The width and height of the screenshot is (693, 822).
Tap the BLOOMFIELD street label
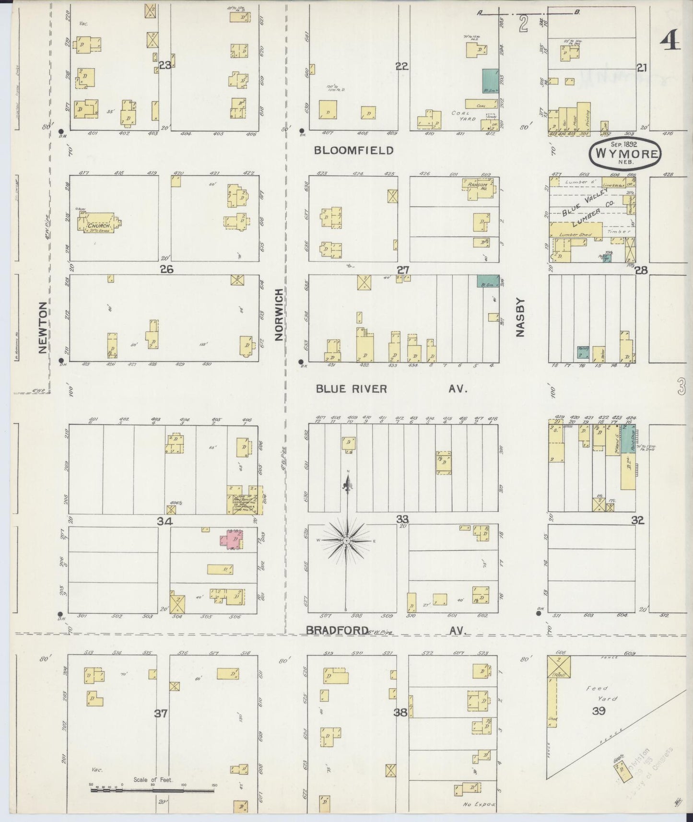pos(353,151)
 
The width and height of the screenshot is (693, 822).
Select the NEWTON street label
pos(43,327)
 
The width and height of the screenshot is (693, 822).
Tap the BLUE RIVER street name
pos(351,389)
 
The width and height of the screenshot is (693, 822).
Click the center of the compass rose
pos(346,541)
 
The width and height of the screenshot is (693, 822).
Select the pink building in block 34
pos(231,539)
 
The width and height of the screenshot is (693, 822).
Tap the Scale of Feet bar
pos(153,788)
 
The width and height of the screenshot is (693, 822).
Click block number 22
pos(401,67)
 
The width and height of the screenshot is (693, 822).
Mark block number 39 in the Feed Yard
pos(598,711)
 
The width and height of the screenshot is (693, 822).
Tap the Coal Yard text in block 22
pos(463,116)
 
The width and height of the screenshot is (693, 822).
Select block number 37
pos(161,713)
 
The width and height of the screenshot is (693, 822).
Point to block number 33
pos(402,519)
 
